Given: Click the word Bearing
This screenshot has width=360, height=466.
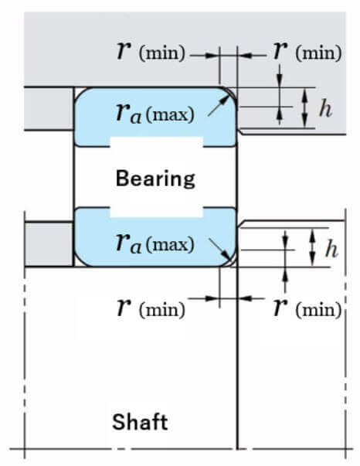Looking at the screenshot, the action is click(x=155, y=179).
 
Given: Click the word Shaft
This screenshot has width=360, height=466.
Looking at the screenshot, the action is click(x=140, y=422).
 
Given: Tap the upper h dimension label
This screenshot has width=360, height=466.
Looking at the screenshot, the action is click(x=325, y=109).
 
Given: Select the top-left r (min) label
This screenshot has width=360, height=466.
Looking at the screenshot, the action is click(x=151, y=51).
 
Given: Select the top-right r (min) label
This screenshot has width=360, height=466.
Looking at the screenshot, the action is click(x=307, y=51).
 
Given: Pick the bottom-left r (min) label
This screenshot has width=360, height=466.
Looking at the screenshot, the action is click(x=151, y=308).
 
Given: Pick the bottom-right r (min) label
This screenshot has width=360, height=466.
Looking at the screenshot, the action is click(x=307, y=308).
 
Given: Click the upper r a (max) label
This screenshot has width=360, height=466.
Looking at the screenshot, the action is click(x=155, y=114).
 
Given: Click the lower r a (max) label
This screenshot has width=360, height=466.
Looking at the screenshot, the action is click(x=155, y=243).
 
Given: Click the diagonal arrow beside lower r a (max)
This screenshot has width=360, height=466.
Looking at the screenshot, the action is click(x=220, y=249).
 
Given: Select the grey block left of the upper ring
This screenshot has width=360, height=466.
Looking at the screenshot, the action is click(x=49, y=108).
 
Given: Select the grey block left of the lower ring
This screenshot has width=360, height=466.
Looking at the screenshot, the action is click(x=49, y=244).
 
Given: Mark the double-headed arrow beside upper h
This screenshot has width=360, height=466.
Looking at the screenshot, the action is click(x=304, y=108).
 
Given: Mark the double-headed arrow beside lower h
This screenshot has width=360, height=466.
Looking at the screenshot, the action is click(x=312, y=247).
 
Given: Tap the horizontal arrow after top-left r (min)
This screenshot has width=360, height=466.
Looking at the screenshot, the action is click(x=205, y=56).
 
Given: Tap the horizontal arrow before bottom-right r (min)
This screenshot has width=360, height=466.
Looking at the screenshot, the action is click(x=251, y=298).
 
